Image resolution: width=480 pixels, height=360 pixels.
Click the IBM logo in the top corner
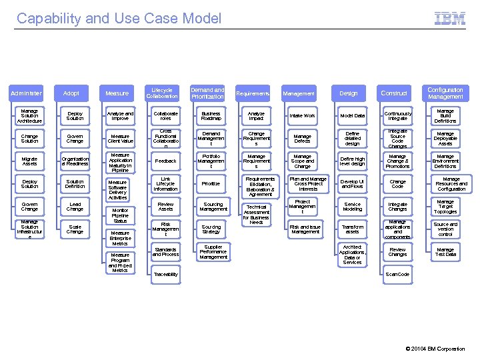[x=450, y=19]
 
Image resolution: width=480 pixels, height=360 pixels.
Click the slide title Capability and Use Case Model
[x=119, y=19]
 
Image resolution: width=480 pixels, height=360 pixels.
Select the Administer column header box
[x=26, y=93]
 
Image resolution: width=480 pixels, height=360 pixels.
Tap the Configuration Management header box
[x=445, y=93]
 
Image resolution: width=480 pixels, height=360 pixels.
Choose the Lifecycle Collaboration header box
[x=162, y=93]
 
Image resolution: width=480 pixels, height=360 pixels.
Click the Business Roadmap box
[x=211, y=116]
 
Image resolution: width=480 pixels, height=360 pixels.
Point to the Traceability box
[x=165, y=274]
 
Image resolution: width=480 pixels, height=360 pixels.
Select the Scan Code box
[x=397, y=274]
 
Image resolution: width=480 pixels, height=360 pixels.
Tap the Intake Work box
[x=302, y=116]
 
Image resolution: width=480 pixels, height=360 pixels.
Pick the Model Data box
[x=352, y=116]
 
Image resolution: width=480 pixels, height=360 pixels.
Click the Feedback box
[x=165, y=161]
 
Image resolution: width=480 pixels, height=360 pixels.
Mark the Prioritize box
[x=211, y=183]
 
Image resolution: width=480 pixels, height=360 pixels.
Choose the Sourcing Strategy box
[x=211, y=229]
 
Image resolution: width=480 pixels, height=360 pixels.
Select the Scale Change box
[x=75, y=229]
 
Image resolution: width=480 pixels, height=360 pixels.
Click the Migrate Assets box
[x=29, y=161]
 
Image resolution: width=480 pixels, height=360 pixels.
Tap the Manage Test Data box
[x=445, y=252]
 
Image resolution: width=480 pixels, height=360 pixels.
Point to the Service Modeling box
[x=352, y=207]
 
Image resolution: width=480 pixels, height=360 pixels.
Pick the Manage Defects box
[x=302, y=139]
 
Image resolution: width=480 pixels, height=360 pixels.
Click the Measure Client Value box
[x=120, y=139]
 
